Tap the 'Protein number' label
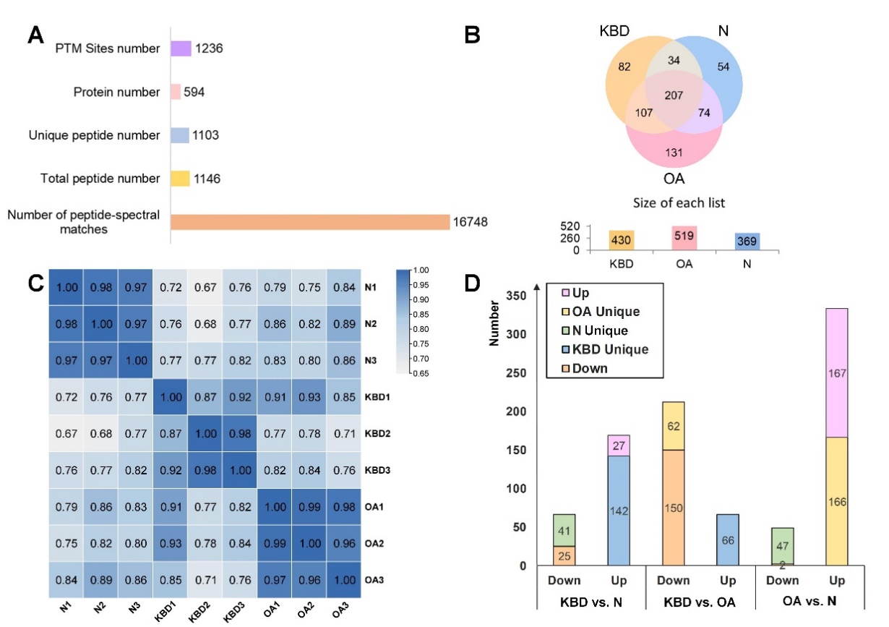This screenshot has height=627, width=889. click(x=117, y=92)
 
